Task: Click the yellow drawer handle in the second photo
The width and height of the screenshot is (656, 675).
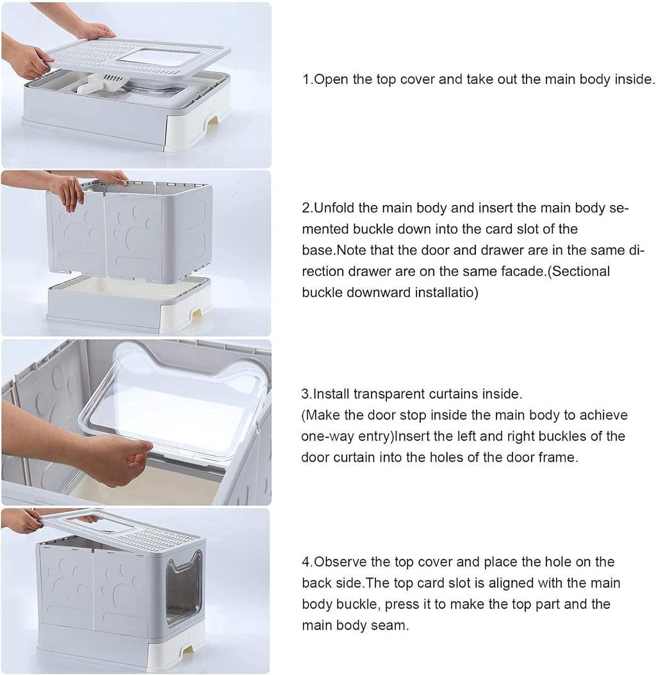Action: pyautogui.click(x=197, y=313)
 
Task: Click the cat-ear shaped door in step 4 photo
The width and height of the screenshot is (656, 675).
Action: pyautogui.click(x=183, y=585)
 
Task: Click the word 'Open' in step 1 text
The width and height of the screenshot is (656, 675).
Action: pyautogui.click(x=331, y=80)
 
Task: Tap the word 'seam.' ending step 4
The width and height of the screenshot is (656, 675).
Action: pyautogui.click(x=389, y=625)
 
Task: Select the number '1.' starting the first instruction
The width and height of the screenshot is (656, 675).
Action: pyautogui.click(x=307, y=80)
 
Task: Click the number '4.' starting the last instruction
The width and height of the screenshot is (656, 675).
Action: pyautogui.click(x=307, y=562)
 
